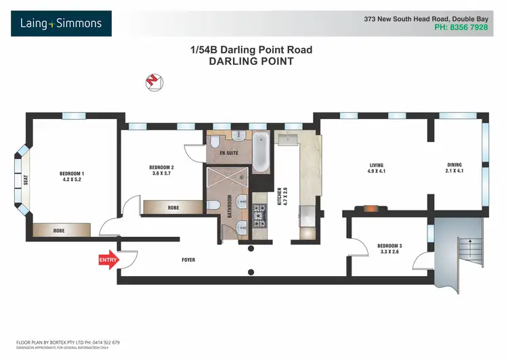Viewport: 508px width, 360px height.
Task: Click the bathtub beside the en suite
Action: tap(261, 153)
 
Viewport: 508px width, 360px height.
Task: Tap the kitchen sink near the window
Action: tap(292, 142)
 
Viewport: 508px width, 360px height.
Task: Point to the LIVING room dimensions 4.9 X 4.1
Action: tap(377, 173)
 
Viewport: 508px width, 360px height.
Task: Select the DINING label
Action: tap(454, 164)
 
